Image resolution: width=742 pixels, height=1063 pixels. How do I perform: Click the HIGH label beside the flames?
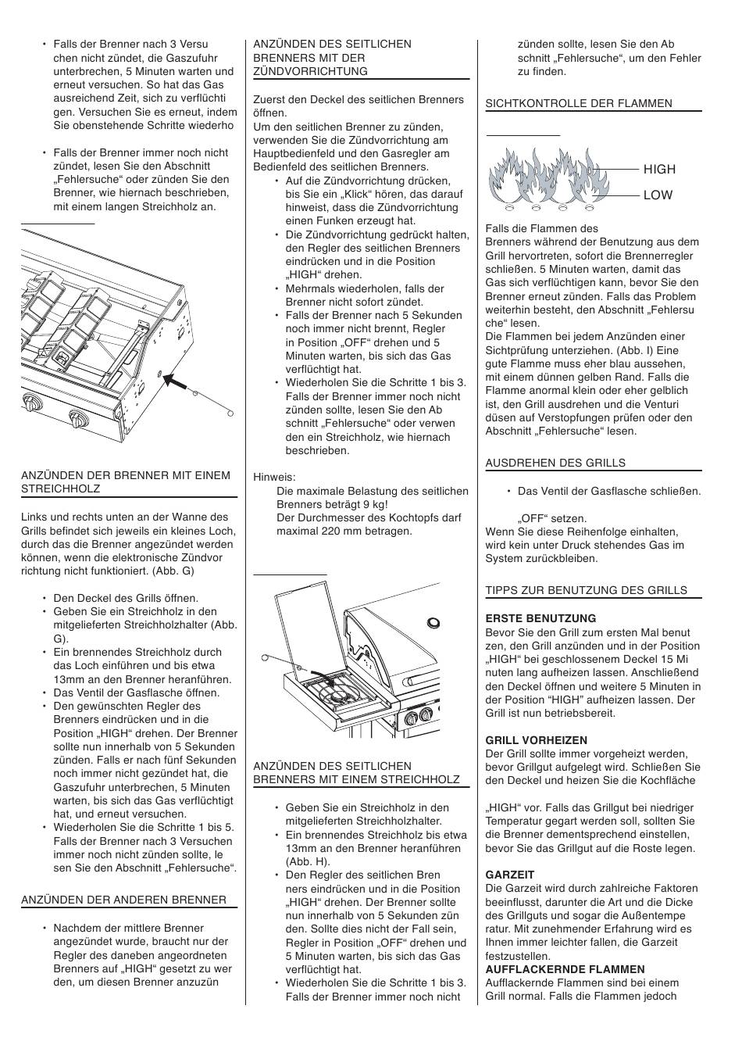tap(659, 169)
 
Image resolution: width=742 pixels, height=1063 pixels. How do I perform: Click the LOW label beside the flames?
tap(658, 195)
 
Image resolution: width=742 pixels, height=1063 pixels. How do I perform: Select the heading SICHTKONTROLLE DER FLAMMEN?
tap(579, 103)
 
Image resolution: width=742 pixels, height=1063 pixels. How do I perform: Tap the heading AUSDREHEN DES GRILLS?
tap(555, 463)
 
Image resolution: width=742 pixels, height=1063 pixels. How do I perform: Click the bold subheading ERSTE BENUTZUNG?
tap(530, 618)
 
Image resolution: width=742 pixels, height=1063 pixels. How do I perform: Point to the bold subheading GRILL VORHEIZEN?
tap(536, 740)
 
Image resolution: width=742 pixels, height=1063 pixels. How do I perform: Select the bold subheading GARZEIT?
tap(509, 875)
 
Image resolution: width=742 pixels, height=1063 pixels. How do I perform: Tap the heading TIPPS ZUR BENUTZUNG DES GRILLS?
tap(587, 590)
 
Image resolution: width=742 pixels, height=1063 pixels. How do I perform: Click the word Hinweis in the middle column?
tap(274, 477)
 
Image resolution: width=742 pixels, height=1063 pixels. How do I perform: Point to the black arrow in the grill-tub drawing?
tap(179, 381)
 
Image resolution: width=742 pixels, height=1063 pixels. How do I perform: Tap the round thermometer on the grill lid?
tap(433, 623)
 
